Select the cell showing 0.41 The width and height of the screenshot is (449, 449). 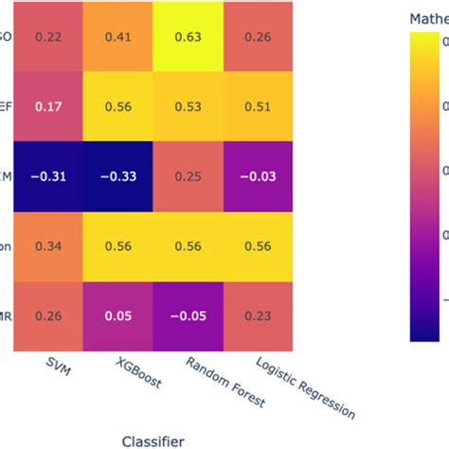click(x=117, y=36)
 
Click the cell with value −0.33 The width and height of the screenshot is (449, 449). click(x=117, y=177)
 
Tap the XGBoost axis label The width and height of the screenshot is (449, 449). click(x=138, y=373)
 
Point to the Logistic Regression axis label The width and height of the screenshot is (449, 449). click(x=303, y=387)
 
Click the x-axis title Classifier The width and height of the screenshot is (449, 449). click(x=153, y=439)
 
